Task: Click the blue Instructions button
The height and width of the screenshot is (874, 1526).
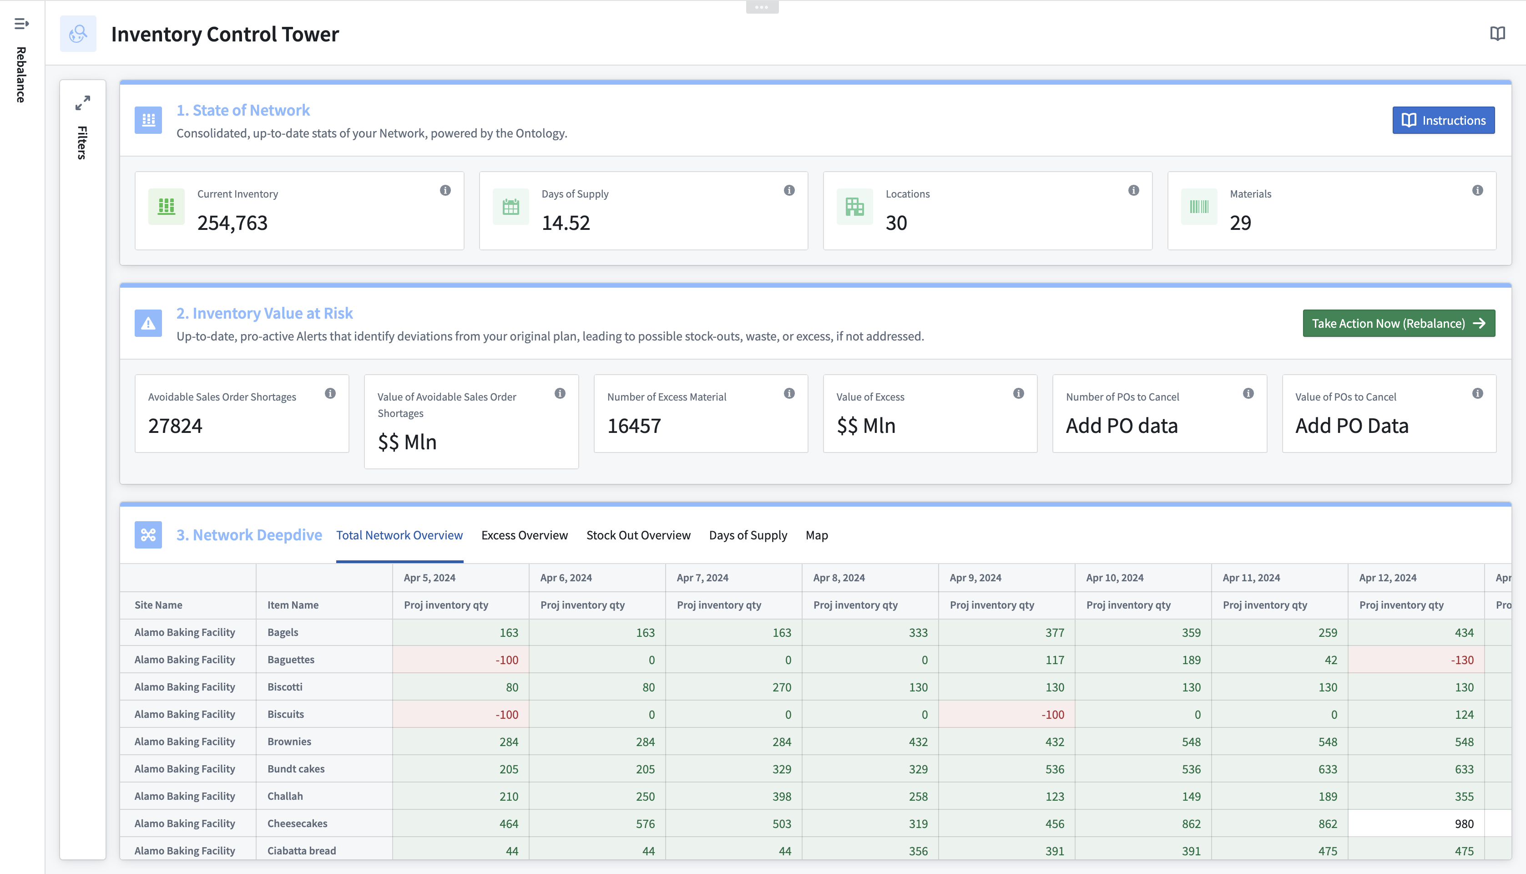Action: pyautogui.click(x=1443, y=120)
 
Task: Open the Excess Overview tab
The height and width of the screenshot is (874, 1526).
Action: pyautogui.click(x=524, y=535)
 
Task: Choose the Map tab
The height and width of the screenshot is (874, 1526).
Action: pyautogui.click(x=816, y=535)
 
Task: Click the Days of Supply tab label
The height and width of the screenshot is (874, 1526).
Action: pyautogui.click(x=748, y=535)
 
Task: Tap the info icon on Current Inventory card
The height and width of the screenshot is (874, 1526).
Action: pyautogui.click(x=445, y=190)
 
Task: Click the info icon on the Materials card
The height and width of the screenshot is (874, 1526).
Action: pyautogui.click(x=1477, y=190)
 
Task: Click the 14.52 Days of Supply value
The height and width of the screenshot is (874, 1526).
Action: pyautogui.click(x=565, y=223)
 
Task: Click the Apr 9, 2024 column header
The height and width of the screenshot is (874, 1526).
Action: pyautogui.click(x=975, y=578)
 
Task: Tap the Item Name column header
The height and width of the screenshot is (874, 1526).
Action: pyautogui.click(x=293, y=605)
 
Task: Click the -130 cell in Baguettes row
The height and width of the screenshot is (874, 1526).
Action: pyautogui.click(x=1461, y=660)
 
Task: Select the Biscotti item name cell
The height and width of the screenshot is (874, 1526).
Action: pyautogui.click(x=285, y=687)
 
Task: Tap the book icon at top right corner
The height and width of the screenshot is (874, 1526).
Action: pyautogui.click(x=1497, y=34)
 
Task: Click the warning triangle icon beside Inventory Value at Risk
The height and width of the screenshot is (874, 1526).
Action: pyautogui.click(x=148, y=324)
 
